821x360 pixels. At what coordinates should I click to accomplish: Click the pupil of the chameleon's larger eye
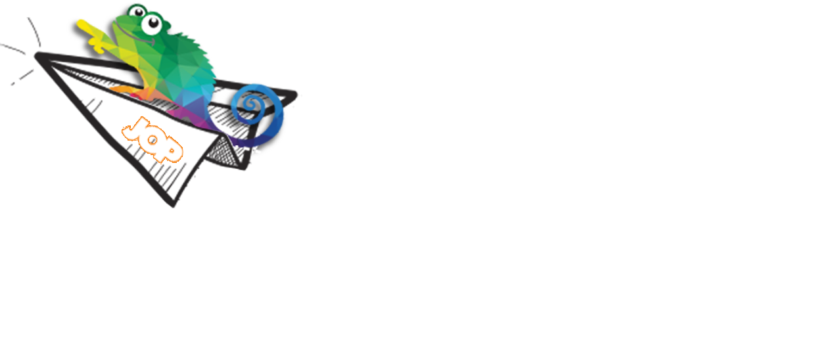point(153,22)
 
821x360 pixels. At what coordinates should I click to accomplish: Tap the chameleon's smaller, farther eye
point(138,12)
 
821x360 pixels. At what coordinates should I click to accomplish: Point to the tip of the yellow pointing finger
point(79,24)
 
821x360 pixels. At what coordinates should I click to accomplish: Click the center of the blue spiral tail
point(250,104)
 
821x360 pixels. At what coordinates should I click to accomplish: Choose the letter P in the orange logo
point(170,150)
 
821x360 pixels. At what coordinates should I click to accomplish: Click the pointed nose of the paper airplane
point(37,56)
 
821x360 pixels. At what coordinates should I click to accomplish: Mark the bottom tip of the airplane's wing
point(172,204)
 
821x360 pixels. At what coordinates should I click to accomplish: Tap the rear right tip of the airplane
point(295,95)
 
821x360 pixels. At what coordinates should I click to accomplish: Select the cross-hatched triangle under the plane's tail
point(224,151)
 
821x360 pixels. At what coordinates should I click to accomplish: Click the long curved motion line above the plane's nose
point(35,32)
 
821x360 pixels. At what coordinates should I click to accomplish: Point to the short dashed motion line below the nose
point(23,78)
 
